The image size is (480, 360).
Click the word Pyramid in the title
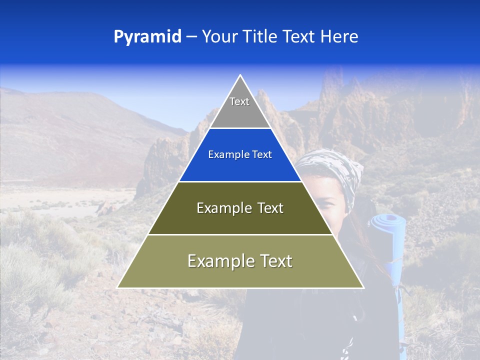147,37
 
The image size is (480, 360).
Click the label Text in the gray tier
239,101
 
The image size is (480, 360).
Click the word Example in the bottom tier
218,261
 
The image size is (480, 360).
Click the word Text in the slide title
299,37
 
